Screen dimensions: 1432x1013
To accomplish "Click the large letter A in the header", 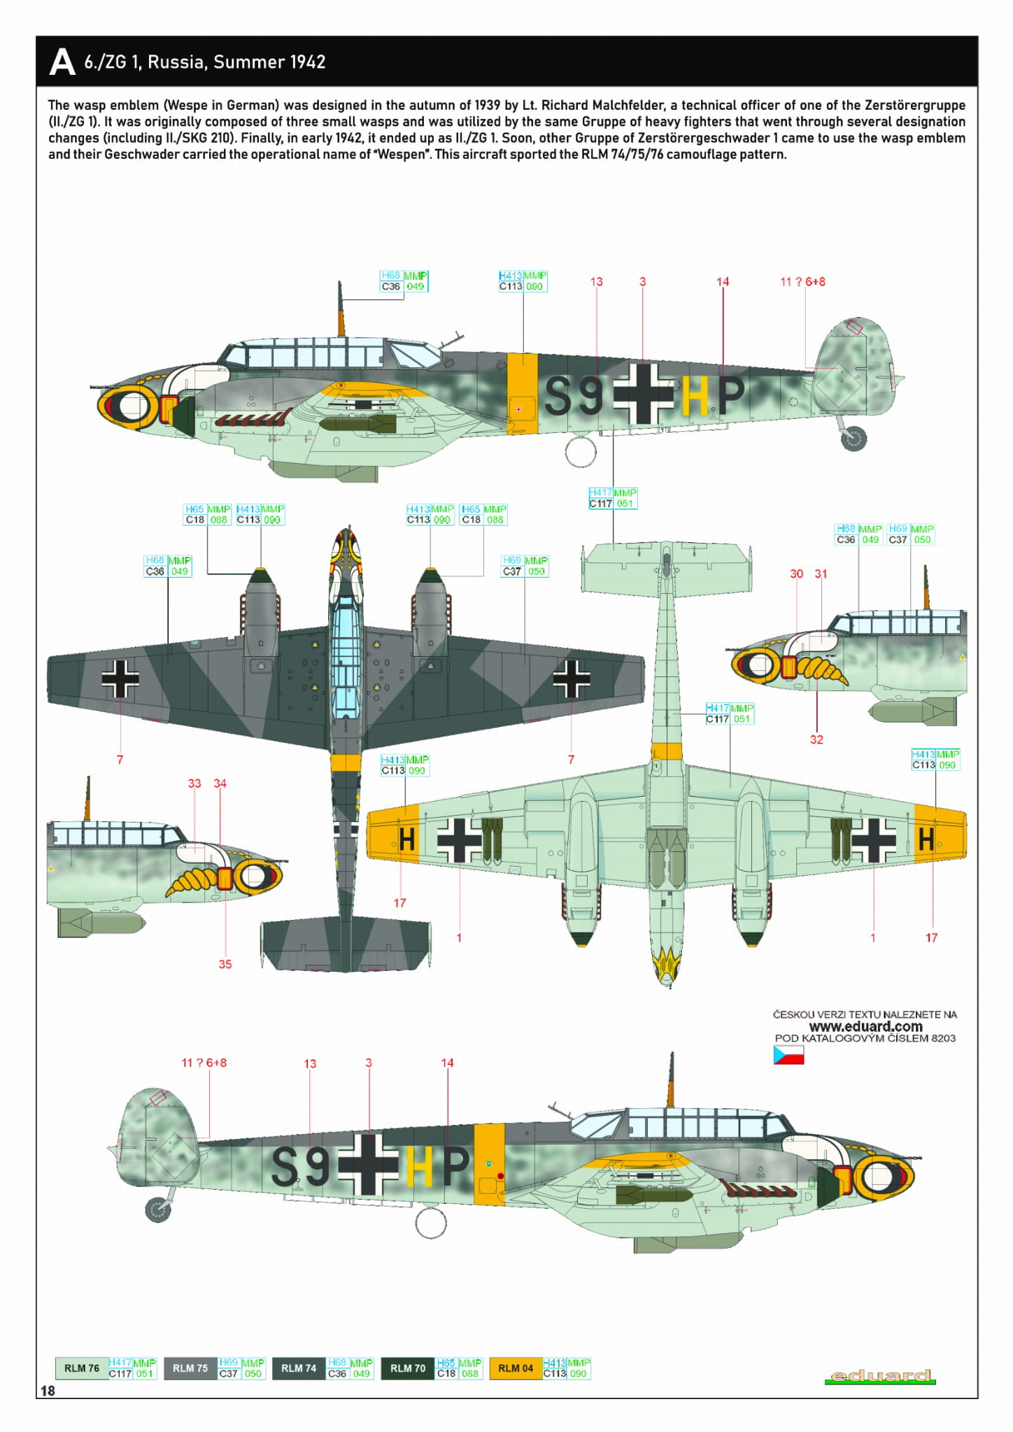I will pyautogui.click(x=62, y=62).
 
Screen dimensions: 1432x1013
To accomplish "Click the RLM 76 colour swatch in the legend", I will pyautogui.click(x=81, y=1368).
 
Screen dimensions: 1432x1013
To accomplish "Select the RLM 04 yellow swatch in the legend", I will pyautogui.click(x=516, y=1368).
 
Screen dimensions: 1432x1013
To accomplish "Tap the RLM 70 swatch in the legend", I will pyautogui.click(x=407, y=1368).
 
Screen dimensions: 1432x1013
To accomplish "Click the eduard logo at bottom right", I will pyautogui.click(x=880, y=1376).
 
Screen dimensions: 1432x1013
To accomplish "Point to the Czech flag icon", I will pyautogui.click(x=788, y=1055).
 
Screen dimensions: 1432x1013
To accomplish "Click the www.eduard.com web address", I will pyautogui.click(x=865, y=1026).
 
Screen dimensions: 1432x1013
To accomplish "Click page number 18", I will pyautogui.click(x=48, y=1391).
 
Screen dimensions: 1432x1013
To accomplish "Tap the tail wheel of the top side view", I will pyautogui.click(x=854, y=439).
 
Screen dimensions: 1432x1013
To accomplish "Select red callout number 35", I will pyautogui.click(x=225, y=964).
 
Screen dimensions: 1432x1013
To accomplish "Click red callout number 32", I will pyautogui.click(x=816, y=739).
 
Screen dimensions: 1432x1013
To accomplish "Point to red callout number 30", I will pyautogui.click(x=796, y=574).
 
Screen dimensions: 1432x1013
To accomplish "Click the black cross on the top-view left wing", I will pyautogui.click(x=120, y=679).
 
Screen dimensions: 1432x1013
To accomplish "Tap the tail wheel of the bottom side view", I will pyautogui.click(x=158, y=1209).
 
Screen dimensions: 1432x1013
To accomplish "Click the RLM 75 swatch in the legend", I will pyautogui.click(x=190, y=1368).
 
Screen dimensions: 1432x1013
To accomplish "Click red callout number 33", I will pyautogui.click(x=194, y=784).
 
